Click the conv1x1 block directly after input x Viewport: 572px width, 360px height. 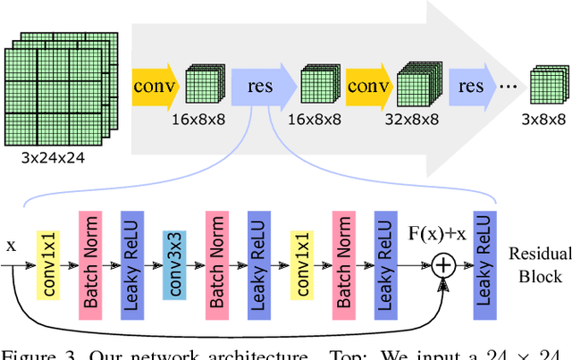[x=46, y=264]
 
